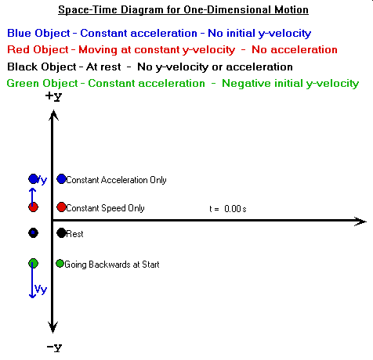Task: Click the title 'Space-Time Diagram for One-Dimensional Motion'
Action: click(183, 10)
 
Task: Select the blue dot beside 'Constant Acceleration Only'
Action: click(61, 179)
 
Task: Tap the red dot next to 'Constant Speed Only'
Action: click(61, 207)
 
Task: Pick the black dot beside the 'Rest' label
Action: click(61, 233)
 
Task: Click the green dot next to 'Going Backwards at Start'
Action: click(60, 264)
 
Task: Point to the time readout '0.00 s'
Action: click(235, 209)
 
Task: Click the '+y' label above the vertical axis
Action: click(53, 96)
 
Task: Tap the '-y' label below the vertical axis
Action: click(54, 347)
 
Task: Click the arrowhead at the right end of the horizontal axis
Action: click(360, 221)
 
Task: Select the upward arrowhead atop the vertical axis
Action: click(53, 115)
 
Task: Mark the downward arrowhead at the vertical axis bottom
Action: click(53, 327)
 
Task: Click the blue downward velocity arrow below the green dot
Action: click(32, 280)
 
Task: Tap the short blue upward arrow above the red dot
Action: click(32, 197)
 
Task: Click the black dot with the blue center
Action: click(33, 232)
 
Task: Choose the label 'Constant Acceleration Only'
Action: click(116, 180)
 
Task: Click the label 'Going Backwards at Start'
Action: click(112, 265)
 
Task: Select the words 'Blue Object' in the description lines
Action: click(38, 34)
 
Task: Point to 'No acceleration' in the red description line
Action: click(295, 49)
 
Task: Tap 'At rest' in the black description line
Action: click(103, 67)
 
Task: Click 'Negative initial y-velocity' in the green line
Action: click(291, 84)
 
